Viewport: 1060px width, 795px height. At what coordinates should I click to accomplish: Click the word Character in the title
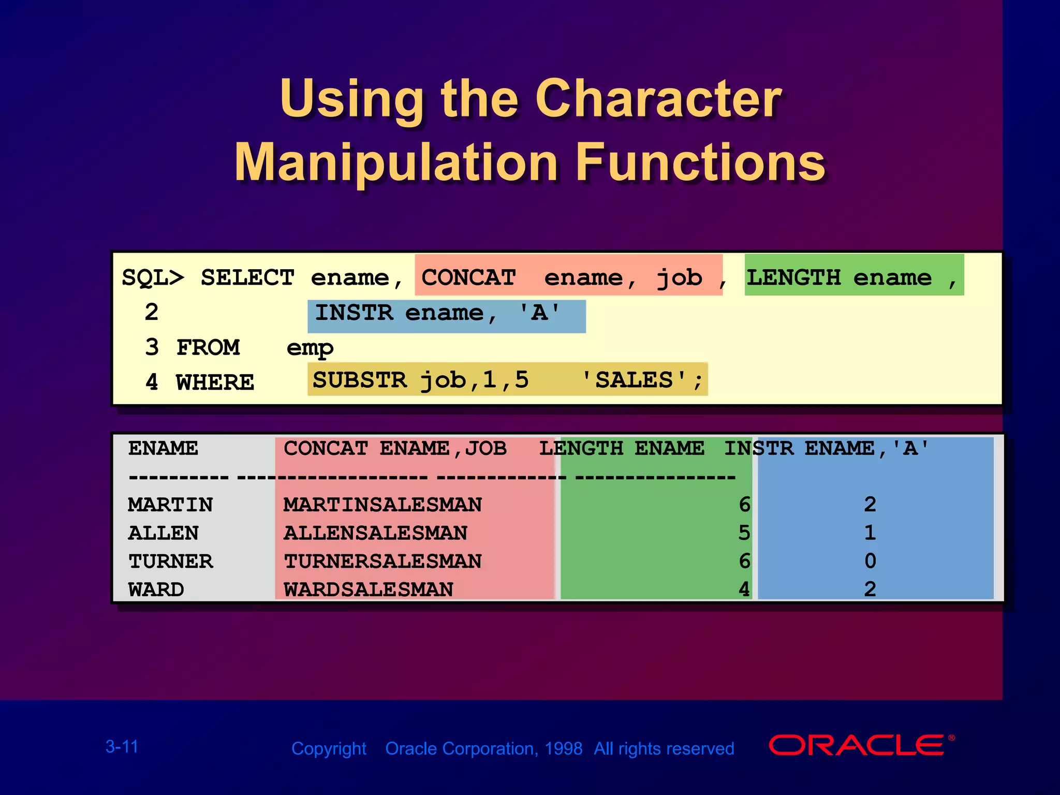(x=658, y=99)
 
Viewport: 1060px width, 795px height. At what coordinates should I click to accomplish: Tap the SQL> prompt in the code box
(x=153, y=278)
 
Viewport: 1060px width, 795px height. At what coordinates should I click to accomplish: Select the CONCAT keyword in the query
(x=468, y=278)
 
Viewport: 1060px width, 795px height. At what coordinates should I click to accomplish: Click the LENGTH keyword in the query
(x=793, y=278)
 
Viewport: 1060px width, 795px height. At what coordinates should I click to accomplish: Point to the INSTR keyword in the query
(x=354, y=313)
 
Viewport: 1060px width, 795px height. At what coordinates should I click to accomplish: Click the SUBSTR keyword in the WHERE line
(x=360, y=380)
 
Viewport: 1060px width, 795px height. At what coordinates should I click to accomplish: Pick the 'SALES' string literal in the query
(x=634, y=380)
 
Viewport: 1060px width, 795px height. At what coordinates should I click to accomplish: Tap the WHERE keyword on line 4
(x=215, y=383)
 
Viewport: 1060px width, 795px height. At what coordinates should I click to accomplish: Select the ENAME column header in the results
(x=163, y=448)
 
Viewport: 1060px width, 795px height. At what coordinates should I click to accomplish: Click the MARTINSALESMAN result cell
(x=382, y=505)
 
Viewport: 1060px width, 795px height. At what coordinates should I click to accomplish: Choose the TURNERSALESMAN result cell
(x=382, y=562)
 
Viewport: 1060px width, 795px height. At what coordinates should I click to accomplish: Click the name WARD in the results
(x=156, y=590)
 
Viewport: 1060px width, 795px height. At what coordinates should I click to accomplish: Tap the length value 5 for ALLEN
(x=744, y=533)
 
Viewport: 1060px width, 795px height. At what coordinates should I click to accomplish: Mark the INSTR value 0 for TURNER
(x=870, y=562)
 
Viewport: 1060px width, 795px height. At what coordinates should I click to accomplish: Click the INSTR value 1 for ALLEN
(x=870, y=533)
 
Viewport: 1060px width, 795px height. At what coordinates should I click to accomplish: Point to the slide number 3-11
(x=122, y=747)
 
